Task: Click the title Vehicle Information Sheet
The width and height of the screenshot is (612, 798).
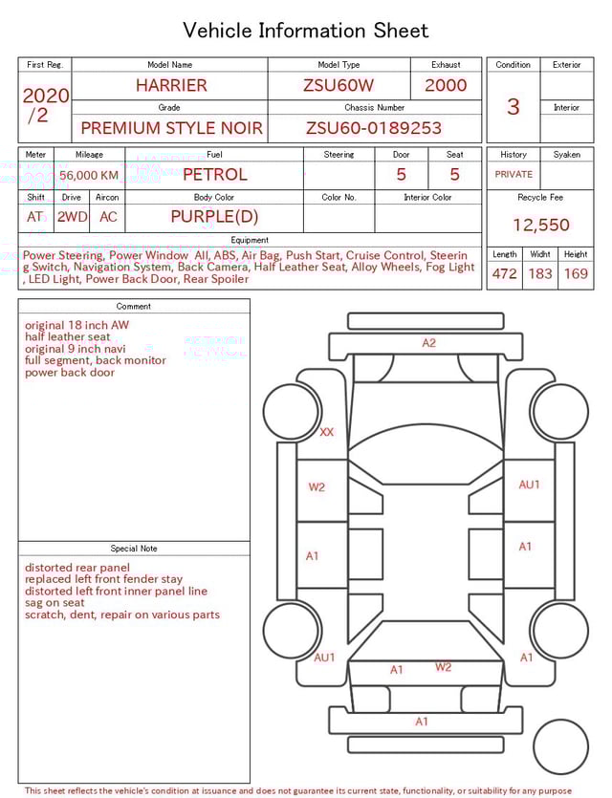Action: pyautogui.click(x=305, y=31)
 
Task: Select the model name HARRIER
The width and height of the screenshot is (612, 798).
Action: pyautogui.click(x=171, y=85)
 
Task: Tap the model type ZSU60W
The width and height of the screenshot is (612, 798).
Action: pyautogui.click(x=339, y=85)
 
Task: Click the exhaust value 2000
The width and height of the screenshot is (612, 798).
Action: pyautogui.click(x=446, y=85)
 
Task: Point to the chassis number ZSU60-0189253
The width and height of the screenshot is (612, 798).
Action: pyautogui.click(x=374, y=128)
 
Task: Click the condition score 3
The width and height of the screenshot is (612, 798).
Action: pyautogui.click(x=513, y=106)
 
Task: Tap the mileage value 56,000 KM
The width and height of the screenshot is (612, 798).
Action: pyautogui.click(x=89, y=175)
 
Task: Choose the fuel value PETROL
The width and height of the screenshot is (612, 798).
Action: pyautogui.click(x=215, y=175)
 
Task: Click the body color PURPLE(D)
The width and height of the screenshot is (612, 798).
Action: pyautogui.click(x=214, y=216)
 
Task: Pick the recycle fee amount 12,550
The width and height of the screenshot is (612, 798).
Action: pyautogui.click(x=540, y=226)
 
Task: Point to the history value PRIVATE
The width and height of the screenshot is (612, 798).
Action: pyautogui.click(x=514, y=175)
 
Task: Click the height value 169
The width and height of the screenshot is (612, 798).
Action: pyautogui.click(x=576, y=274)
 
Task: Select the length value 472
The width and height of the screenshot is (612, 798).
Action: pyautogui.click(x=504, y=274)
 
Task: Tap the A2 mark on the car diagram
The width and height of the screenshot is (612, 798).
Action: pyautogui.click(x=429, y=343)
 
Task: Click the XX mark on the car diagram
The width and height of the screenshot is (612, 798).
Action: pyautogui.click(x=327, y=432)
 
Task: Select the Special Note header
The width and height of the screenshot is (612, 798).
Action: pyautogui.click(x=134, y=549)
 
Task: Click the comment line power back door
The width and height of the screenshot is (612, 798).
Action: pyautogui.click(x=70, y=373)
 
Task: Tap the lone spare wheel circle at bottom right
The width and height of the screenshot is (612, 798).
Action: pyautogui.click(x=560, y=747)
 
